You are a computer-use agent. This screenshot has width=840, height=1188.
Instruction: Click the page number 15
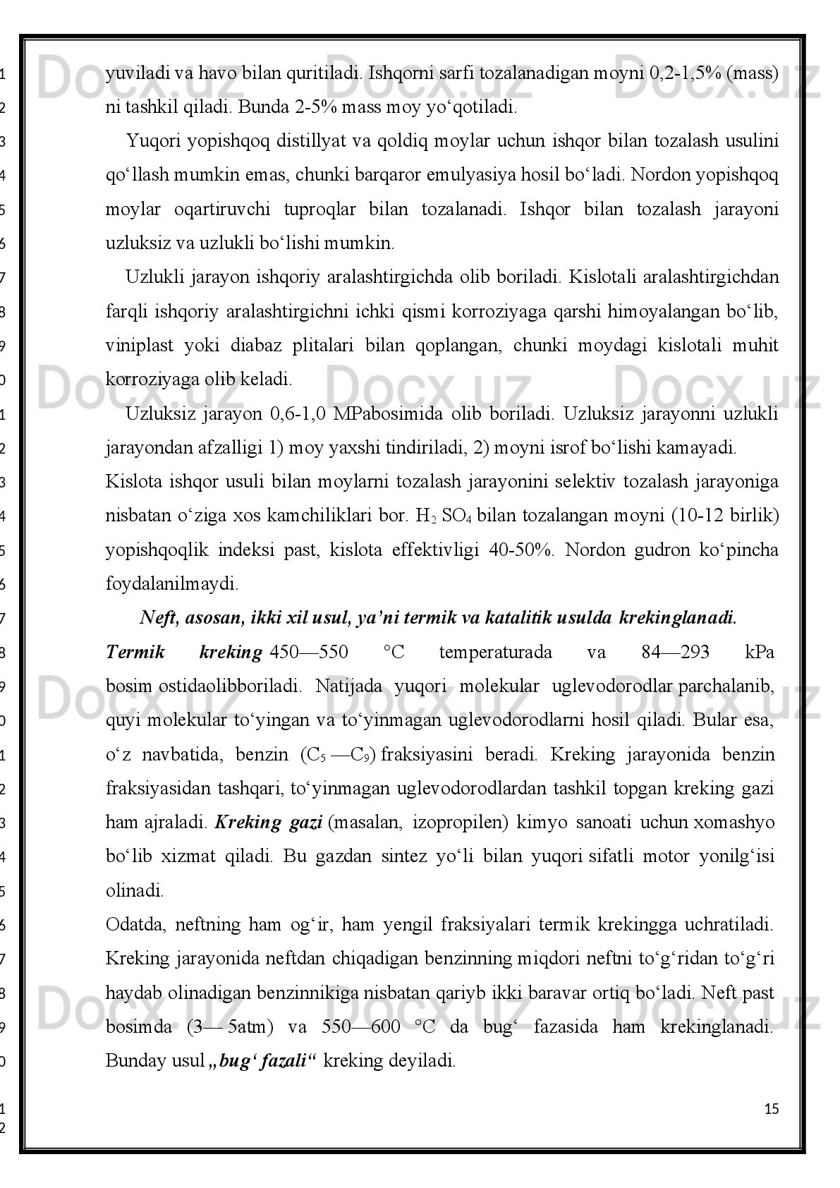[x=772, y=1109]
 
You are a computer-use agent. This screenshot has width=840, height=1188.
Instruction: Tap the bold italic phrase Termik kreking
[x=183, y=653]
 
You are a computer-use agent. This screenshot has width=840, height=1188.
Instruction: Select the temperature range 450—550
[x=310, y=653]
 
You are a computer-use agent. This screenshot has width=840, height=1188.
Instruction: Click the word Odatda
[x=134, y=924]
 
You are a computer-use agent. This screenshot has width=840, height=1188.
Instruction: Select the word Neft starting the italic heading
[x=159, y=619]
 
